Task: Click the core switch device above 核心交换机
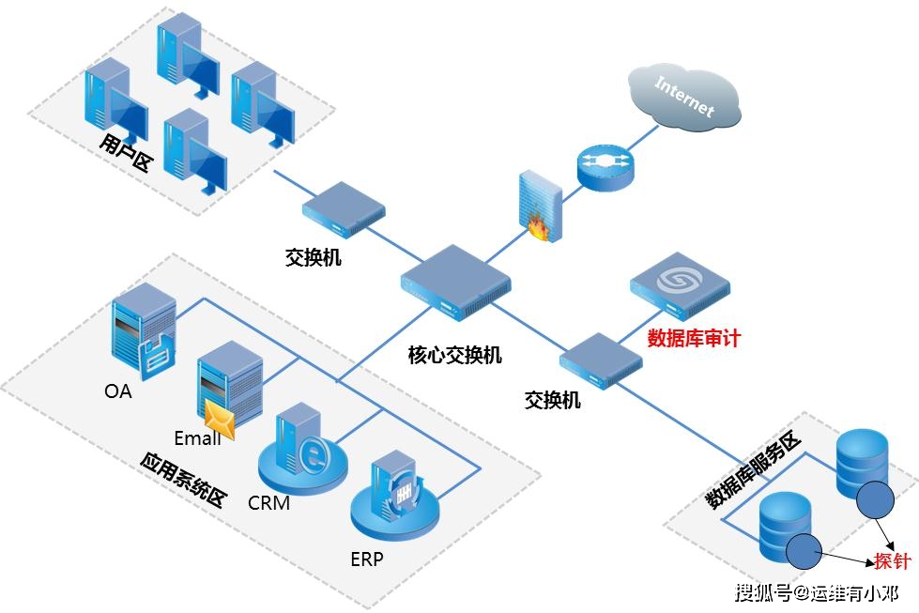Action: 455,279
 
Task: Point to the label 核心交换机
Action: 454,355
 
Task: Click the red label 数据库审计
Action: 694,338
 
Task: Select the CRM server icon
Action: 302,451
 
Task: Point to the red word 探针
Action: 892,561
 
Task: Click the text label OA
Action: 118,391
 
